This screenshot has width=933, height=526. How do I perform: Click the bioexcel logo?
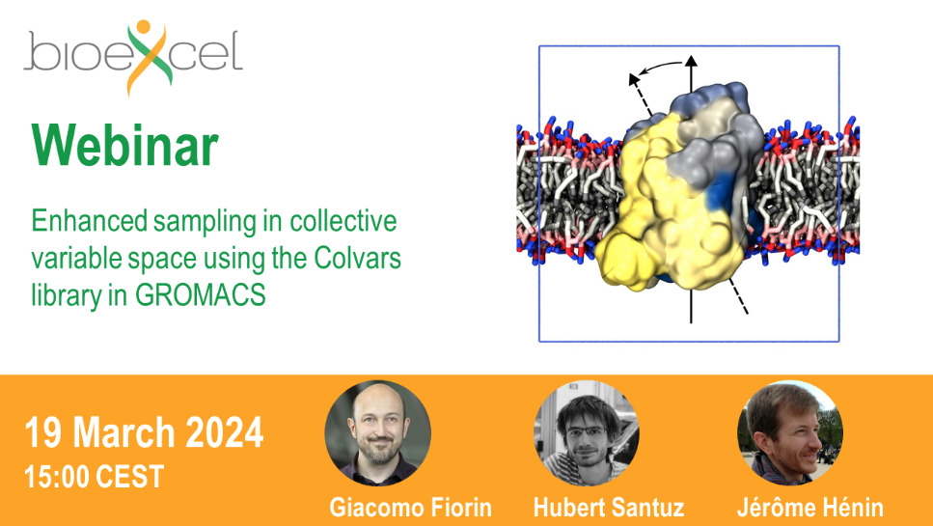point(133,57)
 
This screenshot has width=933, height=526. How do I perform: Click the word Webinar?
point(125,146)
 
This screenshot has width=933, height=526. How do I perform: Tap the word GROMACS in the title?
point(201,295)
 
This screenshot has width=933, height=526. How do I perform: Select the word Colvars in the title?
point(358,259)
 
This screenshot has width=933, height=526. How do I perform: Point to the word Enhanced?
point(90,221)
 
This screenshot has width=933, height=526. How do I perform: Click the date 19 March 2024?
point(144,432)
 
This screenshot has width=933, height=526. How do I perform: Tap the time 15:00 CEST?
point(94,477)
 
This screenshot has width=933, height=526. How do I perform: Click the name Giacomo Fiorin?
point(411,508)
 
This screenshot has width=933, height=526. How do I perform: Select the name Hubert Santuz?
point(609,508)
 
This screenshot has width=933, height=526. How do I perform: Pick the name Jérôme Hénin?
point(810,508)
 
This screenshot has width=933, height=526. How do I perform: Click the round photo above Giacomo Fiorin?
point(378,433)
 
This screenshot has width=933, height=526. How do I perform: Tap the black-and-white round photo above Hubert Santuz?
point(586,433)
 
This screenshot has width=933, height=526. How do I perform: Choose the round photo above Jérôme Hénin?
point(790,433)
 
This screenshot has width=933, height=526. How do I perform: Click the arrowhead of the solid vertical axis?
point(691,61)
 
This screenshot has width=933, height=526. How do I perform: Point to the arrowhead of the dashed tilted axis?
point(634,79)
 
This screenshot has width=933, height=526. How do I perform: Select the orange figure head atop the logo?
point(143,27)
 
